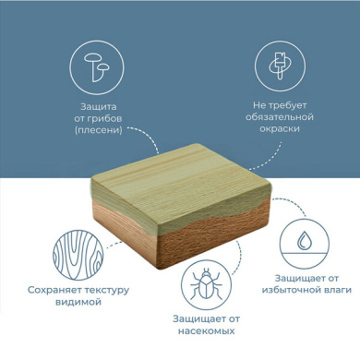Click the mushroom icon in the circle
pyautogui.click(x=96, y=67)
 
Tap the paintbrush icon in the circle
pyautogui.click(x=280, y=66)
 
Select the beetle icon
pyautogui.click(x=206, y=284)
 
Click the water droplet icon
pyautogui.click(x=305, y=240)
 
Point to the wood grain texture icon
pyautogui.click(x=78, y=255)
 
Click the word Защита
pyautogui.click(x=99, y=107)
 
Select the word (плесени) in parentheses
pyautogui.click(x=99, y=130)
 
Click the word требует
pyautogui.click(x=287, y=105)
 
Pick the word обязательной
pyautogui.click(x=280, y=117)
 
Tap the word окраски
pyautogui.click(x=280, y=128)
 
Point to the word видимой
pyautogui.click(x=78, y=302)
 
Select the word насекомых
pyautogui.click(x=206, y=331)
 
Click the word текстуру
pyautogui.click(x=107, y=291)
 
